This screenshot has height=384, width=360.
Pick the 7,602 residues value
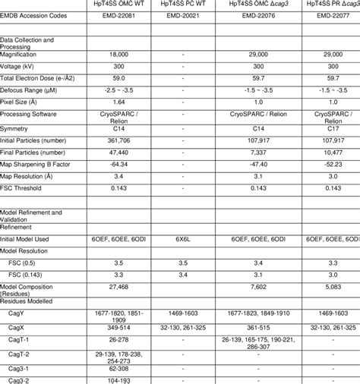point(259,286)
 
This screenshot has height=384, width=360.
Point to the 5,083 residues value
point(330,286)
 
